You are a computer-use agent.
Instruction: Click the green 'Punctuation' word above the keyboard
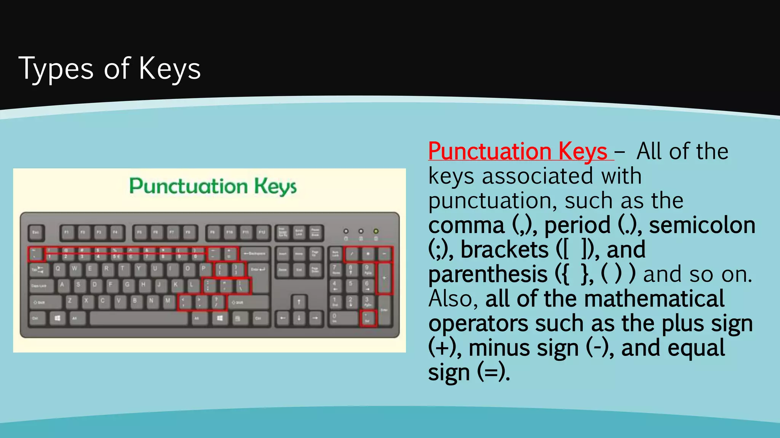click(x=189, y=186)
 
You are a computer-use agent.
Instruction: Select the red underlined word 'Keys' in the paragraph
click(x=583, y=151)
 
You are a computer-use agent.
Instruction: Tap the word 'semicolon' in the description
click(x=702, y=225)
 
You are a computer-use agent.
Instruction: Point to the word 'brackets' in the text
click(x=504, y=250)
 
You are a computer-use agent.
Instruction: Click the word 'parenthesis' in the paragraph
click(x=488, y=275)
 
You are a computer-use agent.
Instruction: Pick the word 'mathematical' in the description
click(x=654, y=299)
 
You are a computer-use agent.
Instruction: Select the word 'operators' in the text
click(x=478, y=324)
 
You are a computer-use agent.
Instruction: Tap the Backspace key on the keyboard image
click(x=254, y=254)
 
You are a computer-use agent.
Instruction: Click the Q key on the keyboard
click(x=58, y=269)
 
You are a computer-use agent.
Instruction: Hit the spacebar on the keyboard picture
click(x=139, y=318)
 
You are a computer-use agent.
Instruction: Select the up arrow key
click(x=299, y=303)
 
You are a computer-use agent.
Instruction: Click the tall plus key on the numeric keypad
click(x=384, y=278)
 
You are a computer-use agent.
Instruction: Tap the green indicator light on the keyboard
click(x=376, y=231)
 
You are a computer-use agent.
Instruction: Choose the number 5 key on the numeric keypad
click(x=351, y=285)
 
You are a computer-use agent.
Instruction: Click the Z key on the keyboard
click(x=70, y=302)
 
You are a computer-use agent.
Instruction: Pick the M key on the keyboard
click(x=168, y=302)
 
